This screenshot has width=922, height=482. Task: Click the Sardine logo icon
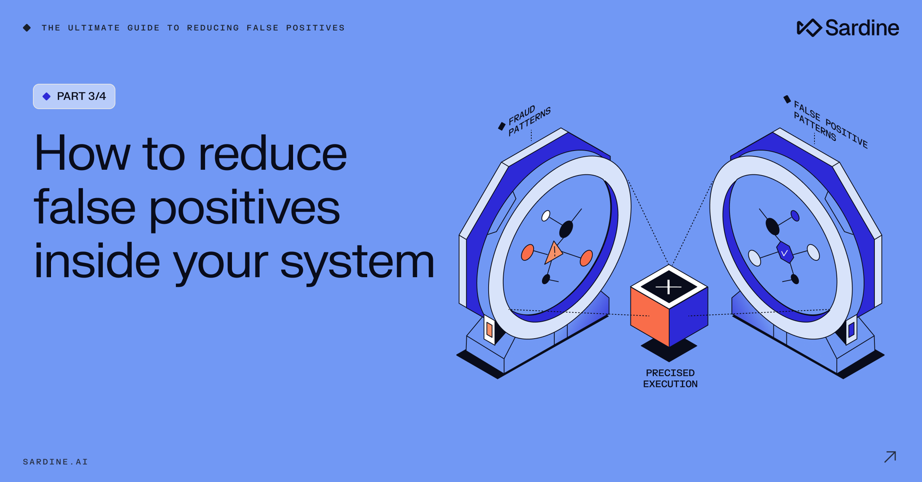click(809, 28)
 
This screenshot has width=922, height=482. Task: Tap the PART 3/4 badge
click(74, 96)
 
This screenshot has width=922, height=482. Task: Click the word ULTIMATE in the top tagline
click(94, 28)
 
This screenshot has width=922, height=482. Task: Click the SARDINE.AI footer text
click(55, 462)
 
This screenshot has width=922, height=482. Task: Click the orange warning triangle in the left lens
click(553, 253)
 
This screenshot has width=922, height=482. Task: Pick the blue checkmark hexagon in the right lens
click(785, 253)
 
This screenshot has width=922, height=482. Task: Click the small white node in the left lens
click(546, 216)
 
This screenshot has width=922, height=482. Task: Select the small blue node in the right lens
click(795, 216)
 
